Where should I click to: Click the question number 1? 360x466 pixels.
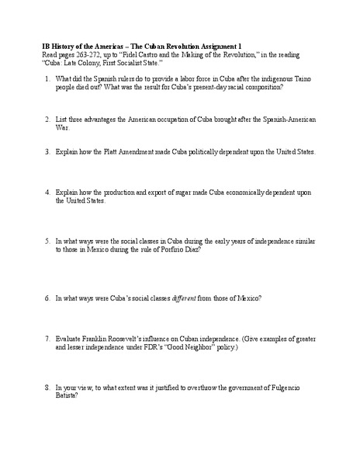47,79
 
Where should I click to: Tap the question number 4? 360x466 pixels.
47,190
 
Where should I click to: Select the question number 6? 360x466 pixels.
47,298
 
